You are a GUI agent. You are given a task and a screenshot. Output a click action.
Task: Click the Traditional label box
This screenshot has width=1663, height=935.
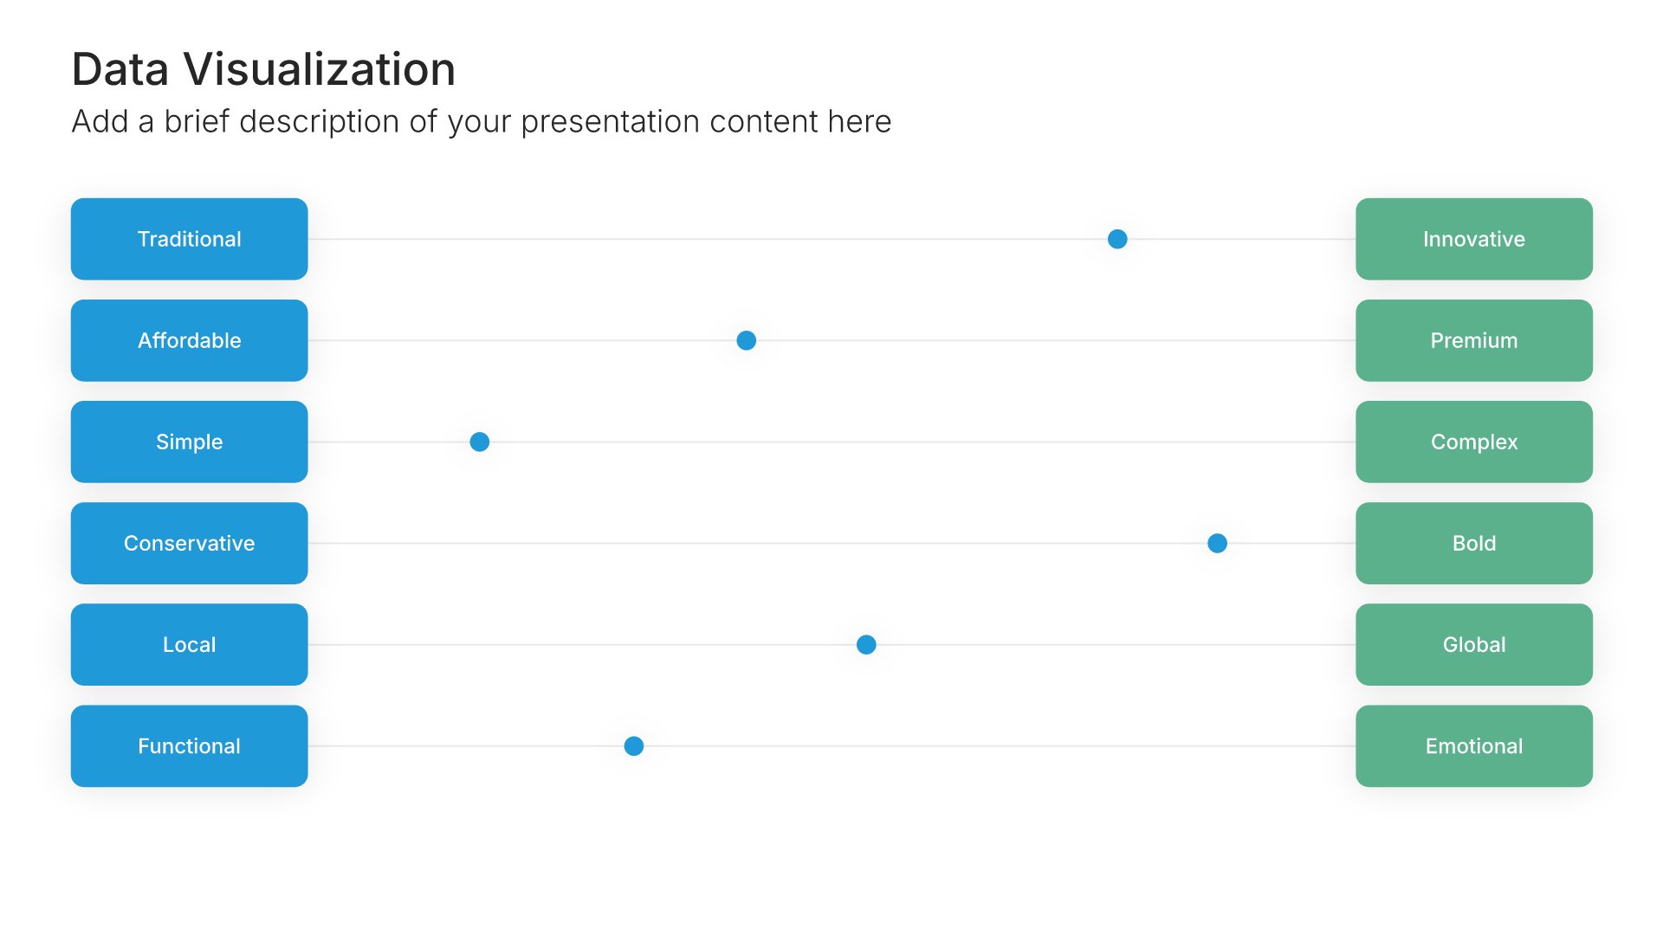pyautogui.click(x=189, y=239)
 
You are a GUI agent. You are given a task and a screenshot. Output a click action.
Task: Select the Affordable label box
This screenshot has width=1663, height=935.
pyautogui.click(x=189, y=340)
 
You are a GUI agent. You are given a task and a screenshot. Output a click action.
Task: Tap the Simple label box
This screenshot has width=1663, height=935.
pyautogui.click(x=189, y=442)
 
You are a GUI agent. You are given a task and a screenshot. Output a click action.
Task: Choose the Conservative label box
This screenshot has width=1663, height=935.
pyautogui.click(x=189, y=543)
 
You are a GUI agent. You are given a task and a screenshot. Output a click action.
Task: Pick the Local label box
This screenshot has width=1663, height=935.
pyautogui.click(x=189, y=644)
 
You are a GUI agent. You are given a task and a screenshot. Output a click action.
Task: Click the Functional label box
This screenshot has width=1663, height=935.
pyautogui.click(x=189, y=745)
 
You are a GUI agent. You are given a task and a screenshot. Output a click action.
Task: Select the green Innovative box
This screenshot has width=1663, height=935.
pyautogui.click(x=1473, y=239)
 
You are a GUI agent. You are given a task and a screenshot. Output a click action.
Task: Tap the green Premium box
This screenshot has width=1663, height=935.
pyautogui.click(x=1473, y=340)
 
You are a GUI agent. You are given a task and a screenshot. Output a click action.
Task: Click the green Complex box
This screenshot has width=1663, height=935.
pyautogui.click(x=1473, y=442)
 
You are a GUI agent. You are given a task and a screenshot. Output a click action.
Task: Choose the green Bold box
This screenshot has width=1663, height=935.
pyautogui.click(x=1473, y=543)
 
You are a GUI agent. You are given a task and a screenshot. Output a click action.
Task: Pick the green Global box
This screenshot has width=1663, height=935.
pyautogui.click(x=1473, y=644)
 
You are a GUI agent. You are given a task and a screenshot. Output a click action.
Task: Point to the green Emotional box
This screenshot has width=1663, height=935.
pyautogui.click(x=1473, y=745)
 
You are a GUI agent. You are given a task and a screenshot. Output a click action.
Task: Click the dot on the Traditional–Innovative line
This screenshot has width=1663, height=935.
pyautogui.click(x=1117, y=239)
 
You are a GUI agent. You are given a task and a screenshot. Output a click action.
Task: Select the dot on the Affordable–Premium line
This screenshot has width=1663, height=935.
pyautogui.click(x=746, y=340)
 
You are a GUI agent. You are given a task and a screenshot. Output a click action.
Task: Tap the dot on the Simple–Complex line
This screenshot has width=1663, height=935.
pyautogui.click(x=479, y=442)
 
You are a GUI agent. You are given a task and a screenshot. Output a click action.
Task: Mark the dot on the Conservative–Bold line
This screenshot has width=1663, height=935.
pyautogui.click(x=1217, y=543)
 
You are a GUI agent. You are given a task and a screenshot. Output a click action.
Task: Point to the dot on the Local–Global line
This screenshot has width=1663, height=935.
pyautogui.click(x=866, y=644)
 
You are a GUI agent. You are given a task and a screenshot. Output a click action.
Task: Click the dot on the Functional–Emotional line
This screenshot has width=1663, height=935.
pyautogui.click(x=634, y=745)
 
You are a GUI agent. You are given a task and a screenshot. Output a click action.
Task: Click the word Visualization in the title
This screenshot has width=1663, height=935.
pyautogui.click(x=319, y=69)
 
